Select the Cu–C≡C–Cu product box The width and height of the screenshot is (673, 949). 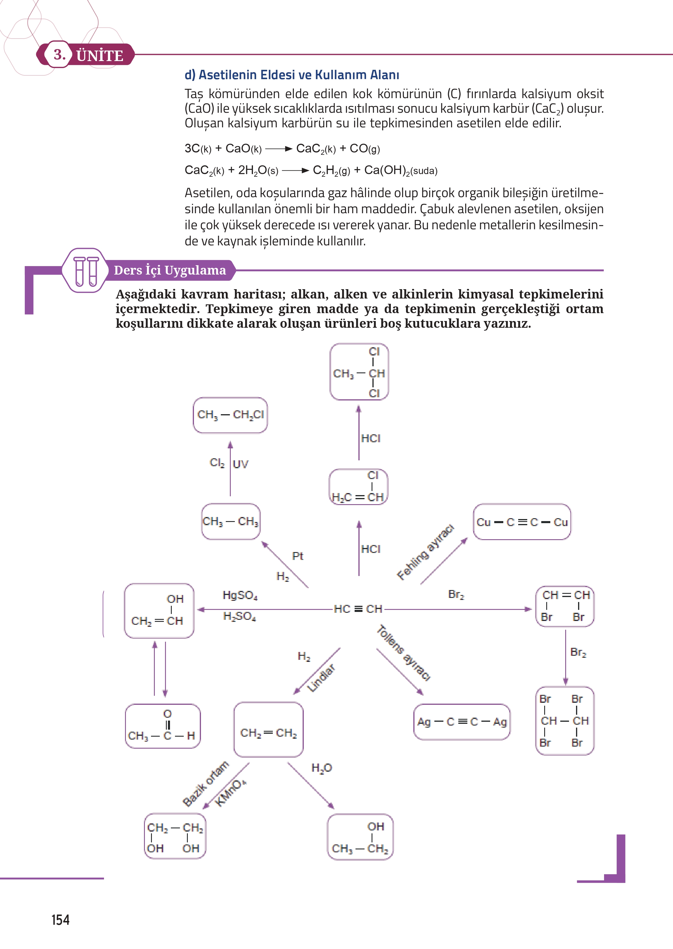[x=522, y=522]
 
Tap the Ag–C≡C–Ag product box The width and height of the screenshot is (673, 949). [x=462, y=722]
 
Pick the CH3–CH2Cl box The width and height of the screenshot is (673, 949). [x=230, y=415]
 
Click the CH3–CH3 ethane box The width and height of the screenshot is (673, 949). [x=231, y=521]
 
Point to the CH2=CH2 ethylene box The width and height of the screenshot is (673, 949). [x=268, y=729]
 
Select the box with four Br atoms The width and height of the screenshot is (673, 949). [x=565, y=721]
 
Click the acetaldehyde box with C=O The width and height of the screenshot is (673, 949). [x=163, y=726]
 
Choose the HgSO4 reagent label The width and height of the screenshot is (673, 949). [x=240, y=596]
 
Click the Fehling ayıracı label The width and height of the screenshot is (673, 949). [x=426, y=552]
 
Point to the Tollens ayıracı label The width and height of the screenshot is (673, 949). [x=404, y=653]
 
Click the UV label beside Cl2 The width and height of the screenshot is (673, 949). [x=240, y=464]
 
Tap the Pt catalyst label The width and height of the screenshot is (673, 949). [x=298, y=556]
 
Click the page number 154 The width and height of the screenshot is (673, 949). [x=60, y=920]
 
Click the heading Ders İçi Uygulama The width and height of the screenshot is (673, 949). [x=170, y=270]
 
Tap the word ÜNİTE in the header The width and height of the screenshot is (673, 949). [x=100, y=55]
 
